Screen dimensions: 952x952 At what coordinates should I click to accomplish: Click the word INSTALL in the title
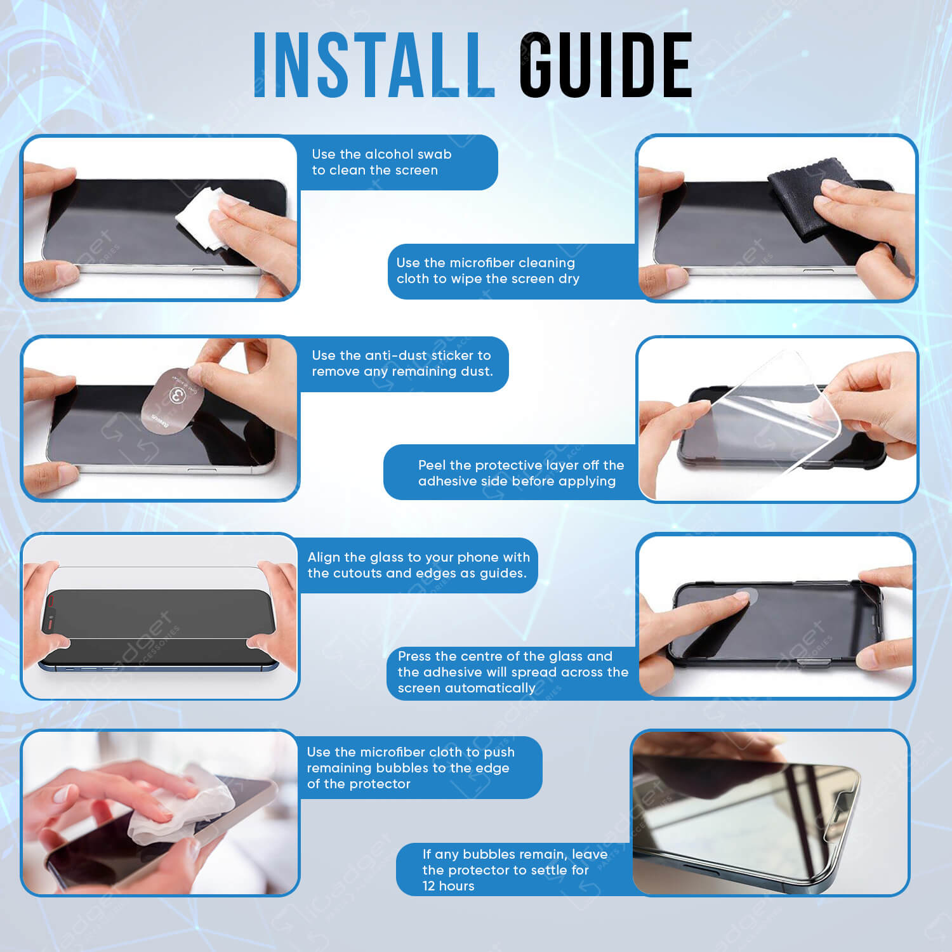tap(374, 65)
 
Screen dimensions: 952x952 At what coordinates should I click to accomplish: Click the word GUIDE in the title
tap(606, 65)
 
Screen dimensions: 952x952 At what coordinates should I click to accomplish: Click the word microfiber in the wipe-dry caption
tap(488, 263)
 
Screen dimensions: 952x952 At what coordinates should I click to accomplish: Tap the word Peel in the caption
tap(432, 465)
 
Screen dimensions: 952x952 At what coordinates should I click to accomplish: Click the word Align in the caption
tap(324, 558)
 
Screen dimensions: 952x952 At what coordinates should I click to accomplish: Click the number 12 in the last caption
tap(430, 886)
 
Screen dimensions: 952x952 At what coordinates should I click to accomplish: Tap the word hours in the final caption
tap(458, 886)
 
